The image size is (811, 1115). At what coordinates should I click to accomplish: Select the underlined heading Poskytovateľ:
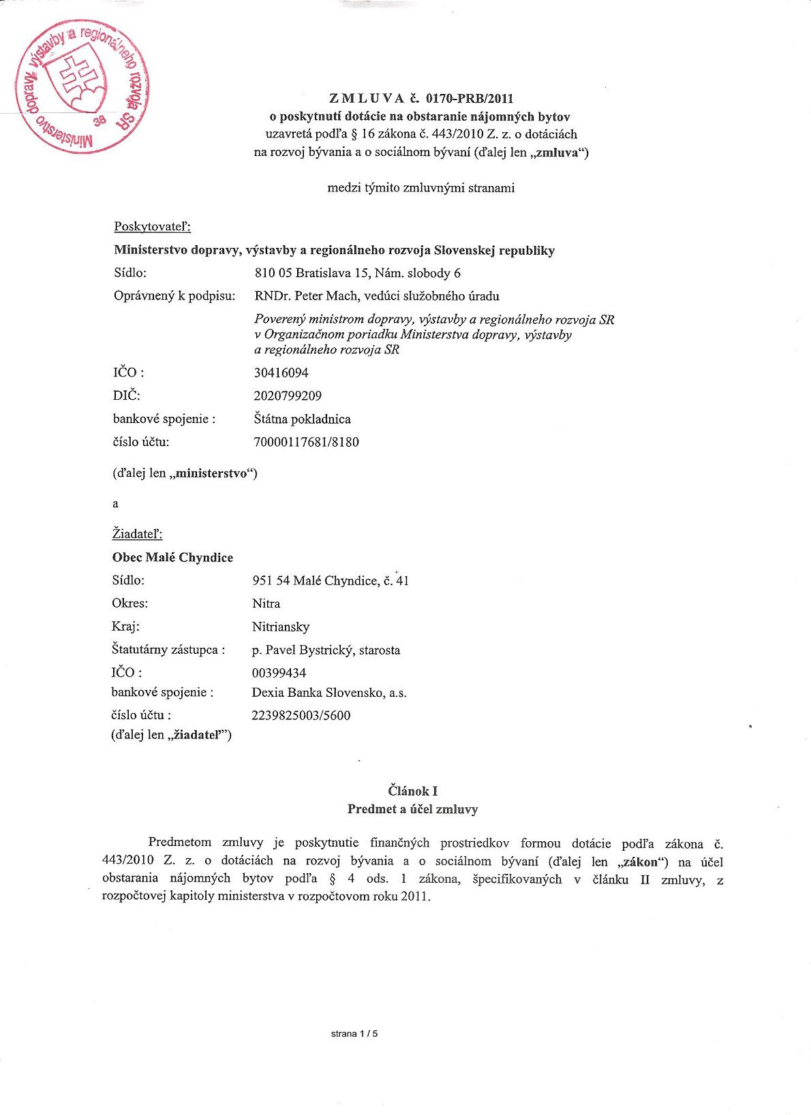152,227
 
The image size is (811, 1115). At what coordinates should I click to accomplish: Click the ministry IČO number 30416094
280,373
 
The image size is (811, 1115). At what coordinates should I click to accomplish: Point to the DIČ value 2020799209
288,396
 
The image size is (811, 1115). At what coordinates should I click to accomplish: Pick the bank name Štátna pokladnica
302,419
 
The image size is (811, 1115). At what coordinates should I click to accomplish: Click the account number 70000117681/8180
306,442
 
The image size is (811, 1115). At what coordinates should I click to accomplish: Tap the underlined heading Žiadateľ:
137,534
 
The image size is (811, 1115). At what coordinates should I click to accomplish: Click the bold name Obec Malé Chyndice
172,557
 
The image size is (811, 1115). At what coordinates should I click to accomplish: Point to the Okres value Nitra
266,603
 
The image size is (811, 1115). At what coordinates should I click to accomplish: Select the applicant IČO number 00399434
279,673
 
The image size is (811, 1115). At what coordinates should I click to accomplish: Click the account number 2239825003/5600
301,715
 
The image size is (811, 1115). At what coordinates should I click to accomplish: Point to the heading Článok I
412,791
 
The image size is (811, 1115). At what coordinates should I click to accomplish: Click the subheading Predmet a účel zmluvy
412,809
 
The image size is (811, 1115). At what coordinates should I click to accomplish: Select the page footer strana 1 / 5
354,1033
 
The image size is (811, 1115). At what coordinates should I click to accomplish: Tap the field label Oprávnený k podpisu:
174,296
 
